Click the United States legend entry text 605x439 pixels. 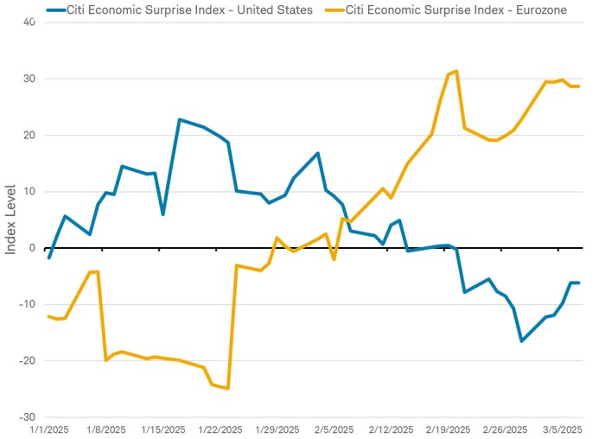point(189,10)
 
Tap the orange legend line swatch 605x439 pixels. point(333,10)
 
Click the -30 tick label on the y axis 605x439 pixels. point(27,417)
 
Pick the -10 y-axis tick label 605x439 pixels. point(27,304)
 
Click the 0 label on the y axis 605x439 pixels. point(32,248)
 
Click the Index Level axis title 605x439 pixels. point(11,219)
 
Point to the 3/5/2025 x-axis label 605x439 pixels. point(562,429)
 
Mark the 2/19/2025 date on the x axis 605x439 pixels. point(448,429)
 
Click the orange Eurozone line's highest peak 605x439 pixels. point(456,71)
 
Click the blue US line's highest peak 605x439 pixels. point(179,119)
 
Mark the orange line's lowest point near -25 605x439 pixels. point(228,388)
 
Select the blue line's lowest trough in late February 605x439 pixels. point(522,341)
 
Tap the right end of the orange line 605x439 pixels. point(578,86)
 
